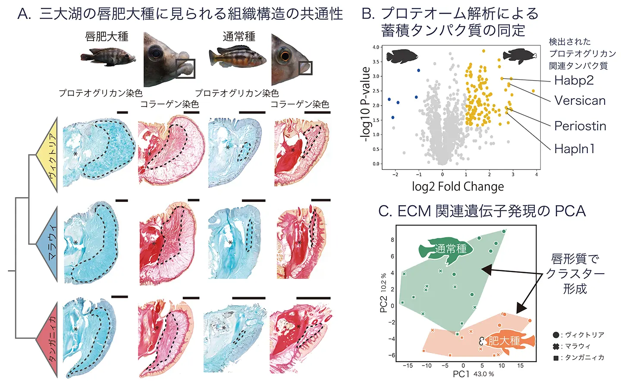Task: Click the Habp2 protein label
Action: [574, 80]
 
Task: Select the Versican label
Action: [580, 101]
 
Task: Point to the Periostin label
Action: [580, 126]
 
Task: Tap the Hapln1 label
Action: [574, 149]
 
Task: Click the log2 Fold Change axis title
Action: [458, 187]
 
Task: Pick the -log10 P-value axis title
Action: [365, 104]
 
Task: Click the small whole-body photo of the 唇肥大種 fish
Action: [107, 56]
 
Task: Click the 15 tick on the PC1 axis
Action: [520, 366]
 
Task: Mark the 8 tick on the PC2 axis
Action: [392, 240]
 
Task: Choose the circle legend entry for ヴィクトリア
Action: [556, 335]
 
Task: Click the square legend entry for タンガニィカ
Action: [556, 358]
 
